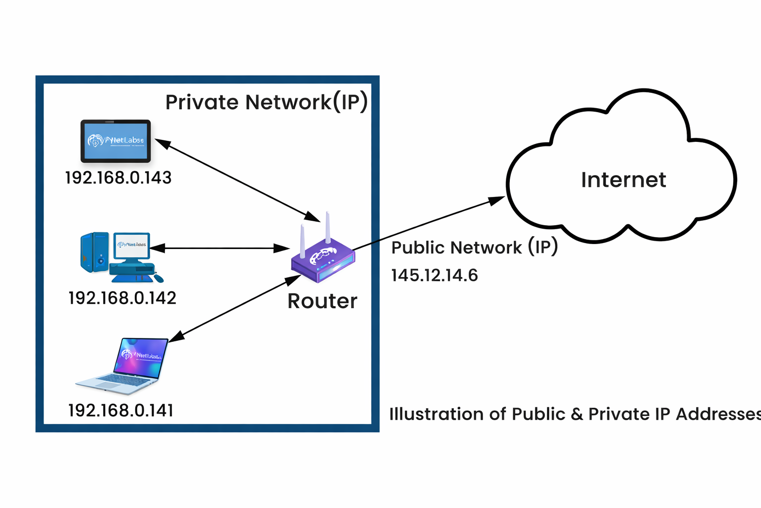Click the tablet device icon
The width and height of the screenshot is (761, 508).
[115, 141]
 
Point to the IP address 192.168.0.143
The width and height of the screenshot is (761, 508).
[118, 178]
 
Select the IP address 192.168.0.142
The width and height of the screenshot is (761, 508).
[122, 298]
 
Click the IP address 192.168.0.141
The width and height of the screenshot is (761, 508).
[120, 410]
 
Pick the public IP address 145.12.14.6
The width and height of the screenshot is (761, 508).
[434, 275]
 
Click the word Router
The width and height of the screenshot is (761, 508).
[322, 301]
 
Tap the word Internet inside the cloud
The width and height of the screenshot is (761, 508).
[623, 180]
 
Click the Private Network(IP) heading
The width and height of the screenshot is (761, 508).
[266, 102]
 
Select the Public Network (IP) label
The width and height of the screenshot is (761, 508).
[474, 247]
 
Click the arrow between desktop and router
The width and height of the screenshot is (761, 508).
[219, 248]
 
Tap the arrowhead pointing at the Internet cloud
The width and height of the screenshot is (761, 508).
[497, 200]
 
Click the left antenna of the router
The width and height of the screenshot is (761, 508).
[302, 241]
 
